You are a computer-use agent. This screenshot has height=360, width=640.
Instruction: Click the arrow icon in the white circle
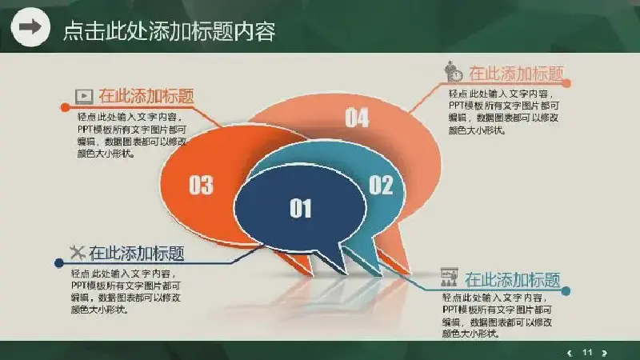pyautogui.click(x=30, y=27)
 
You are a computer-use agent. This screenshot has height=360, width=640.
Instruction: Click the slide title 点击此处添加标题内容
pyautogui.click(x=170, y=31)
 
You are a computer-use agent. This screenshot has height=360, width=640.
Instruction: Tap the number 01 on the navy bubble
pyautogui.click(x=301, y=208)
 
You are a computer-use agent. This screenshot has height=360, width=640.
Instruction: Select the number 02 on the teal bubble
pyautogui.click(x=381, y=185)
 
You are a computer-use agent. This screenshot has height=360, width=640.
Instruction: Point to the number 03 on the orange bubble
pyautogui.click(x=201, y=185)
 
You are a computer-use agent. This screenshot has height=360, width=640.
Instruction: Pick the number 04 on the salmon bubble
pyautogui.click(x=357, y=118)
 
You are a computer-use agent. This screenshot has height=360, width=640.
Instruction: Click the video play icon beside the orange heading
pyautogui.click(x=84, y=96)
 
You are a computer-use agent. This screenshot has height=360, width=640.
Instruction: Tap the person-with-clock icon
pyautogui.click(x=454, y=71)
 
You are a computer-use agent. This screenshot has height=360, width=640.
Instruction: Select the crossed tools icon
pyautogui.click(x=77, y=252)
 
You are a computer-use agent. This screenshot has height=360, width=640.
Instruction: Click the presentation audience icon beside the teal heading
pyautogui.click(x=449, y=277)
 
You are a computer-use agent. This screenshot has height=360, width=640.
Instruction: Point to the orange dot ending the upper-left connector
pyautogui.click(x=65, y=107)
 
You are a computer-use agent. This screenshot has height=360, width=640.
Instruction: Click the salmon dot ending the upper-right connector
pyautogui.click(x=566, y=83)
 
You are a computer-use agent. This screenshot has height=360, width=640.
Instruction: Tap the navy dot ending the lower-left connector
pyautogui.click(x=58, y=263)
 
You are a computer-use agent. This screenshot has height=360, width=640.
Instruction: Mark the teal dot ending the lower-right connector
pyautogui.click(x=566, y=291)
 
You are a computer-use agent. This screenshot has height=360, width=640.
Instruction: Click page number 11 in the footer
pyautogui.click(x=587, y=352)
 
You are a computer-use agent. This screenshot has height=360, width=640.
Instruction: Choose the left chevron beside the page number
pyautogui.click(x=570, y=353)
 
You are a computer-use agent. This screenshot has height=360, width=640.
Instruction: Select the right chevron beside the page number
pyautogui.click(x=605, y=353)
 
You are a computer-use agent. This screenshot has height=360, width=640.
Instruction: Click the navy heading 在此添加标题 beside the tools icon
pyautogui.click(x=137, y=253)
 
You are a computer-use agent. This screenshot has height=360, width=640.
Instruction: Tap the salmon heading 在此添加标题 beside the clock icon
pyautogui.click(x=516, y=74)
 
